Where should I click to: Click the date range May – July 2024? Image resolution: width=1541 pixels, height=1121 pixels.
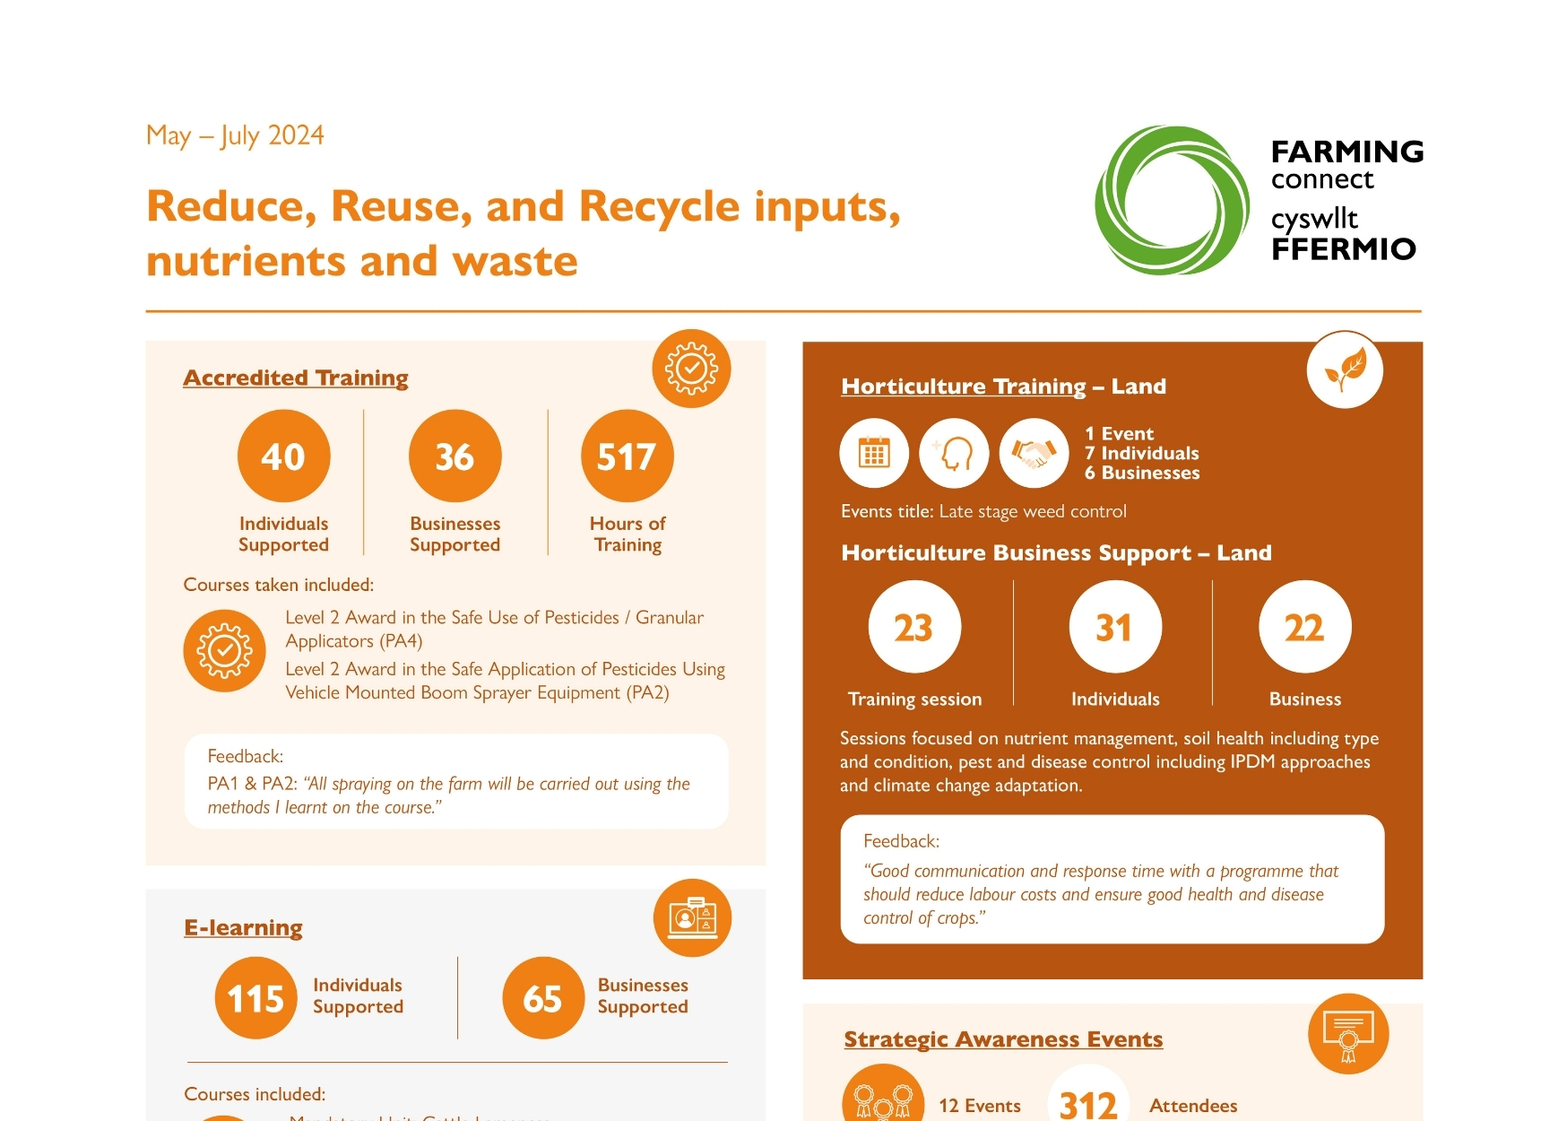[x=235, y=135]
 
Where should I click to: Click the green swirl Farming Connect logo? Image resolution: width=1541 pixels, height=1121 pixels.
[x=1172, y=200]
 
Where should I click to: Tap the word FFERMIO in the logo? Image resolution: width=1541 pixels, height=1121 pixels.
[x=1343, y=248]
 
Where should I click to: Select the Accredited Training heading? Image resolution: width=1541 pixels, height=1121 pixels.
[x=296, y=378]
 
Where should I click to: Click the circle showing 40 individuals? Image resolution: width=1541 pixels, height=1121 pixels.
[x=283, y=456]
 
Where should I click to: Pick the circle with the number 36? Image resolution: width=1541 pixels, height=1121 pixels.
[x=455, y=456]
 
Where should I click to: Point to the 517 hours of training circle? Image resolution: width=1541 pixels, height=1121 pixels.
[x=627, y=456]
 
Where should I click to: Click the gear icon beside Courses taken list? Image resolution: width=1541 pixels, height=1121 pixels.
[x=224, y=650]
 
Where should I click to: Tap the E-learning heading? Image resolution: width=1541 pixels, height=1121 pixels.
[x=243, y=927]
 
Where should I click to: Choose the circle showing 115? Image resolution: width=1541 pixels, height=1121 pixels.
[x=255, y=998]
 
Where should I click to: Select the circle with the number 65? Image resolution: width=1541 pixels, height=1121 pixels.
[x=542, y=998]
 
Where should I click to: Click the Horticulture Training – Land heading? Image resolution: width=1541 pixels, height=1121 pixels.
[x=1003, y=387]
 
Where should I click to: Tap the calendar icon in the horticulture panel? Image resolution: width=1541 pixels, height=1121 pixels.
[x=873, y=453]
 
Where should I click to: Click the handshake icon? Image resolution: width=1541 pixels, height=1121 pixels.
[x=1034, y=453]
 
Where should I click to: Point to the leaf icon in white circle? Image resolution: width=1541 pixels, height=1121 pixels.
[x=1345, y=369]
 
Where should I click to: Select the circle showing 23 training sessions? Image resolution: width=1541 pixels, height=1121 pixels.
[x=913, y=627]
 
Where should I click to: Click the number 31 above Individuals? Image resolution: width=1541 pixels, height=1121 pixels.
[x=1114, y=627]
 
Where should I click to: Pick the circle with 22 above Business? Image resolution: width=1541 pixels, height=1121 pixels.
[x=1304, y=627]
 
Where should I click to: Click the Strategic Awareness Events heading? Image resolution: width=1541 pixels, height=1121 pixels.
[x=1003, y=1039]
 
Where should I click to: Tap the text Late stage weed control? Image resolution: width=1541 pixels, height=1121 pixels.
[x=1032, y=511]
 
